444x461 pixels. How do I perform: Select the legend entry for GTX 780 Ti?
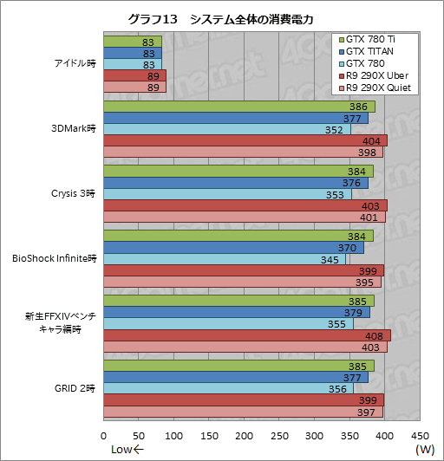click(x=373, y=39)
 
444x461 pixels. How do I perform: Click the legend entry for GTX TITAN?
click(x=372, y=51)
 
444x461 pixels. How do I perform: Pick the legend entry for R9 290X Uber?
click(x=376, y=75)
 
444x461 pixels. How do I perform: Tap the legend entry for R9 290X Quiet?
click(x=378, y=88)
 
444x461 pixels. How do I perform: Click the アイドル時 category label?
click(x=74, y=64)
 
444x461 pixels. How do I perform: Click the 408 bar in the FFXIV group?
click(x=247, y=335)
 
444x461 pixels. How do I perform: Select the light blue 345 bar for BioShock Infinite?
click(x=225, y=258)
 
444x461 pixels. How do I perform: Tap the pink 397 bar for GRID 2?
click(x=243, y=412)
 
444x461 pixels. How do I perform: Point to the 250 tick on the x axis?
click(x=279, y=436)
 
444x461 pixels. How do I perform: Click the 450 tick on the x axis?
click(x=420, y=436)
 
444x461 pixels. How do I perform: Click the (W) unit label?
click(x=425, y=450)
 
